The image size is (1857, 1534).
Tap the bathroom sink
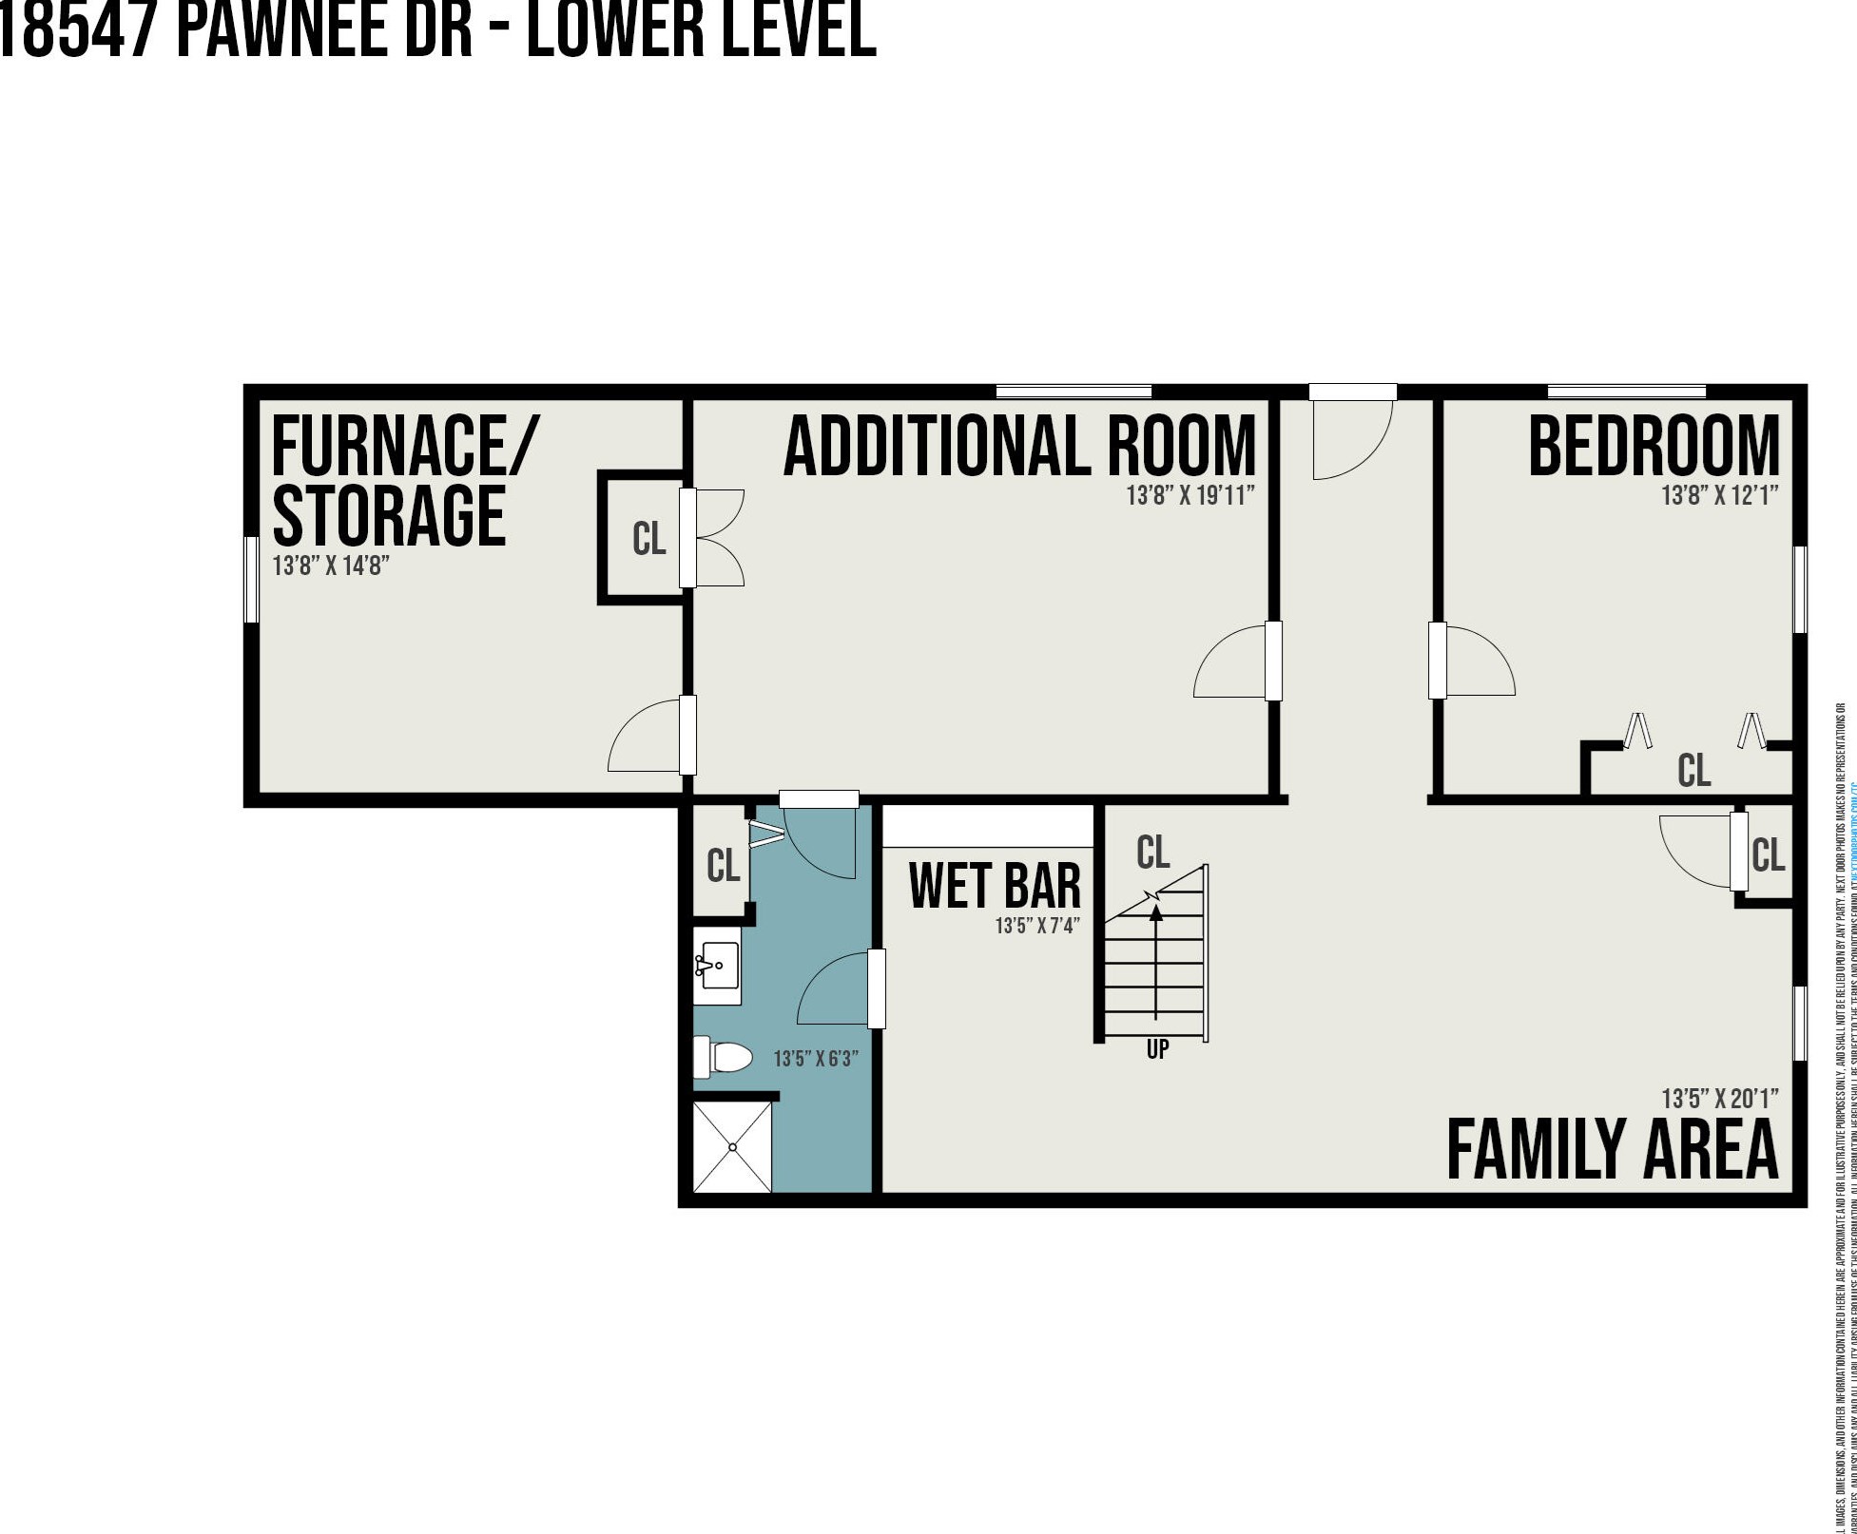click(x=718, y=966)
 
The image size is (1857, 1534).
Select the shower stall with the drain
click(x=732, y=1147)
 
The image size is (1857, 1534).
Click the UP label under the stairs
click(x=1157, y=1049)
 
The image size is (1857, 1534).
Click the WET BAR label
click(x=995, y=885)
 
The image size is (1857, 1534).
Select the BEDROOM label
click(x=1654, y=447)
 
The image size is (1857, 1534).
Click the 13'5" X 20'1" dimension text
click(x=1719, y=1099)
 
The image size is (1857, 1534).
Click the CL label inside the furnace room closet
click(x=648, y=539)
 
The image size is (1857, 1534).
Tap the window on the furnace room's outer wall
click(x=252, y=579)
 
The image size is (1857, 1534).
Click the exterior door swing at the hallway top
click(x=1350, y=439)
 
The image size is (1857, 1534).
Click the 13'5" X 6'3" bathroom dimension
click(x=816, y=1058)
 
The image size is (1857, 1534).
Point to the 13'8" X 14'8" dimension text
click(x=331, y=566)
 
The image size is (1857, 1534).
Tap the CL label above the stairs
click(x=1152, y=853)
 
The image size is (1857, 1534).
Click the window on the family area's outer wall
click(x=1799, y=1024)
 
